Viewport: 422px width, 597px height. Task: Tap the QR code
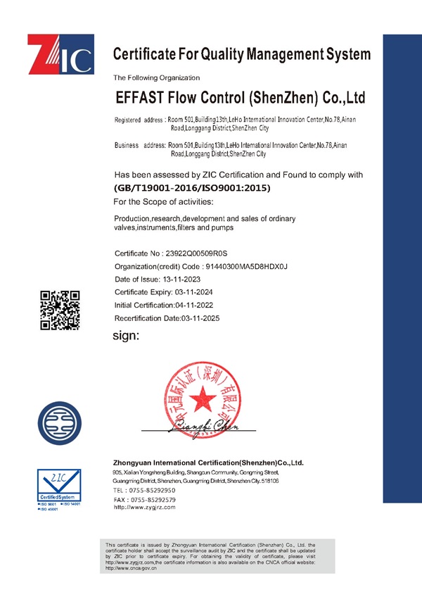pyautogui.click(x=60, y=310)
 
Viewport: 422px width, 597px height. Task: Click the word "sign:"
pyautogui.click(x=127, y=336)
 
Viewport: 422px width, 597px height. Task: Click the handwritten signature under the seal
pyautogui.click(x=199, y=425)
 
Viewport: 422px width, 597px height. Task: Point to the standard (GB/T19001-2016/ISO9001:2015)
pyautogui.click(x=192, y=188)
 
